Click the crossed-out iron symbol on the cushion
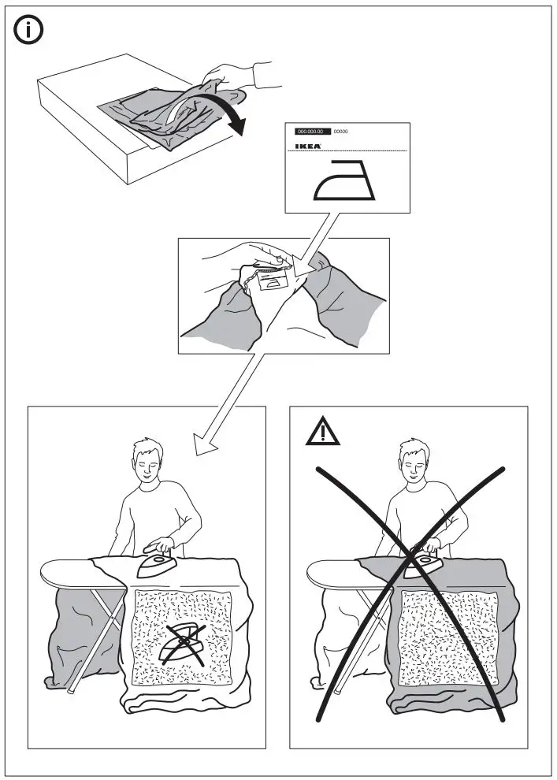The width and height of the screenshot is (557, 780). [x=183, y=642]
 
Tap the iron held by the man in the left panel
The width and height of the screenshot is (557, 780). [x=158, y=562]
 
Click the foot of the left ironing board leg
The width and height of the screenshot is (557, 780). [x=70, y=690]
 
